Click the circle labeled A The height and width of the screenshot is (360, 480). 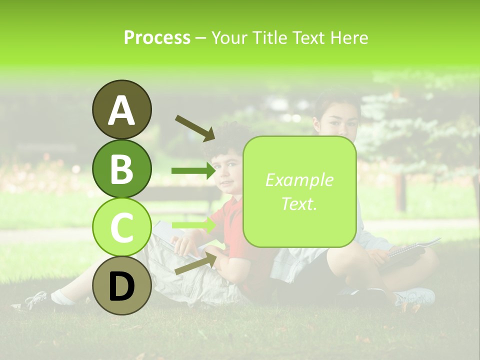121,109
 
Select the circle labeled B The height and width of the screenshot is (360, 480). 121,168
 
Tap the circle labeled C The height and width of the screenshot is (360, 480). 121,227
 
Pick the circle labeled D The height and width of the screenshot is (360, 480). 121,285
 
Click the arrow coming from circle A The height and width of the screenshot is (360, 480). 194,127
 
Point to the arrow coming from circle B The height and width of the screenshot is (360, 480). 193,171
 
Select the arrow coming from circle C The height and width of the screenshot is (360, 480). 193,225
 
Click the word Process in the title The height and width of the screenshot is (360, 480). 157,37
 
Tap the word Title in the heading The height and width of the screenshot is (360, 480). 270,37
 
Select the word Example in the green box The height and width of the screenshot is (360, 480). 299,180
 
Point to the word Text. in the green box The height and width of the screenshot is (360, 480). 299,203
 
